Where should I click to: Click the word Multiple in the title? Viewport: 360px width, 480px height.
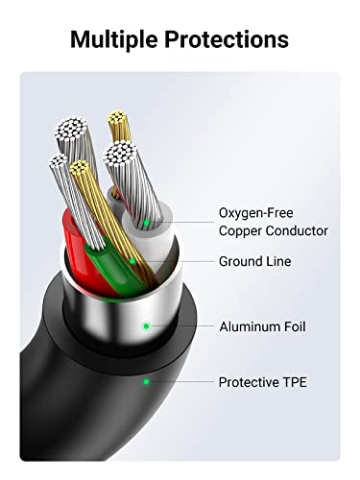(x=113, y=39)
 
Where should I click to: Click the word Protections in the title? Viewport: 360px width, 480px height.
(x=227, y=39)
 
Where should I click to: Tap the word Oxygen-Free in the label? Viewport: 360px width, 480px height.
(x=256, y=213)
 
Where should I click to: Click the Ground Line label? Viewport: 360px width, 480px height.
(x=255, y=261)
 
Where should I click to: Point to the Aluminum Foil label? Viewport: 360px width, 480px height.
(x=262, y=326)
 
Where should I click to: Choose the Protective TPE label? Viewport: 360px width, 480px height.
(x=263, y=382)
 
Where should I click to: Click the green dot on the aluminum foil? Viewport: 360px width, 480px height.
(x=146, y=326)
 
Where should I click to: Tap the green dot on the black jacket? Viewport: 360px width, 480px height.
(x=146, y=381)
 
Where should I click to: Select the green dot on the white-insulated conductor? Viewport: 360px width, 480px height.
(x=146, y=222)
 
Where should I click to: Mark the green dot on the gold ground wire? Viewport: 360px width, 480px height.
(x=132, y=261)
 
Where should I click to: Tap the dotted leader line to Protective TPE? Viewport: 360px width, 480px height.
(x=181, y=381)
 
